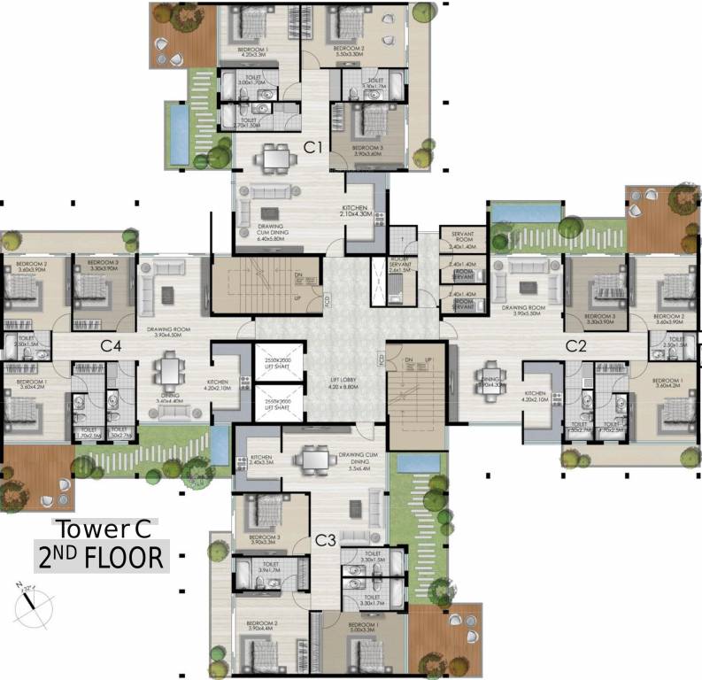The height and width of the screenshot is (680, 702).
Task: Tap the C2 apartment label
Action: coord(576,344)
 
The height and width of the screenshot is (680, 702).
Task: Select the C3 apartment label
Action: coord(325,540)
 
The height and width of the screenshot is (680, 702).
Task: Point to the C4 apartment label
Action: coord(111,344)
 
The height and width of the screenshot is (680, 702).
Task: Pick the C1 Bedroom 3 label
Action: coord(367,150)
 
